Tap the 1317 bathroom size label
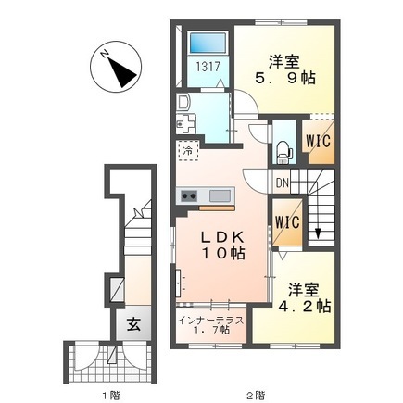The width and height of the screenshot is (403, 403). pyautogui.click(x=208, y=67)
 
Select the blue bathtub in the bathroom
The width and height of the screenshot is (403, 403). pyautogui.click(x=208, y=43)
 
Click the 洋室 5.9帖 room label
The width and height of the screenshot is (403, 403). pyautogui.click(x=284, y=69)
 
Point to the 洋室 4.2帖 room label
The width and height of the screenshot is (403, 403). pyautogui.click(x=304, y=297)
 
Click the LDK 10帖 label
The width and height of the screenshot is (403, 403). pyautogui.click(x=223, y=245)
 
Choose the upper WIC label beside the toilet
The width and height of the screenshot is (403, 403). pyautogui.click(x=318, y=141)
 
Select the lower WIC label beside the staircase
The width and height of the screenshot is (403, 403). pyautogui.click(x=287, y=221)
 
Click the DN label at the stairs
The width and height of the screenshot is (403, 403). pyautogui.click(x=282, y=183)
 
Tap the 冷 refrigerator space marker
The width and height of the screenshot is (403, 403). pyautogui.click(x=188, y=151)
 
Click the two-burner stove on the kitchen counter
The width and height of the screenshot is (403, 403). pyautogui.click(x=189, y=196)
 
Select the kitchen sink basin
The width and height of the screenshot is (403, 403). pyautogui.click(x=220, y=195)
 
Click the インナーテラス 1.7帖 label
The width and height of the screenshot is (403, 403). pyautogui.click(x=211, y=325)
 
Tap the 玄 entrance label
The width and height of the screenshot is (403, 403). pyautogui.click(x=133, y=324)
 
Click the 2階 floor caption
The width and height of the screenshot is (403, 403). pyautogui.click(x=256, y=395)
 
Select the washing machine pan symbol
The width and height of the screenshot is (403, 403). pyautogui.click(x=186, y=123)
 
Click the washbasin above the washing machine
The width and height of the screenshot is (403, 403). pyautogui.click(x=183, y=103)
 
